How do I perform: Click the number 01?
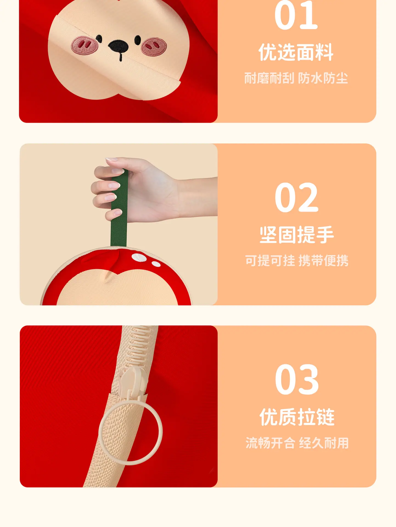[296, 15]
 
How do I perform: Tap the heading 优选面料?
[296, 52]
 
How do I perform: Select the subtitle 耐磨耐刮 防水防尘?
[296, 78]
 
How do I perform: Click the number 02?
[296, 197]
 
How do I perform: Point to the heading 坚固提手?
[297, 235]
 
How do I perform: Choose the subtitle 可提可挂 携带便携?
[297, 260]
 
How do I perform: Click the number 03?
[297, 379]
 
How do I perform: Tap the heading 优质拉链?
[297, 417]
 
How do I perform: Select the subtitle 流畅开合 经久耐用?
[297, 443]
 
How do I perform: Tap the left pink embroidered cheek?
[85, 45]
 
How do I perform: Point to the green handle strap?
[119, 209]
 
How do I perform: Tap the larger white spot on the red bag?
[139, 257]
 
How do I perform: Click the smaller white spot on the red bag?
[156, 264]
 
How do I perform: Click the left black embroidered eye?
[99, 39]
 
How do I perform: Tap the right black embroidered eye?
[138, 40]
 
